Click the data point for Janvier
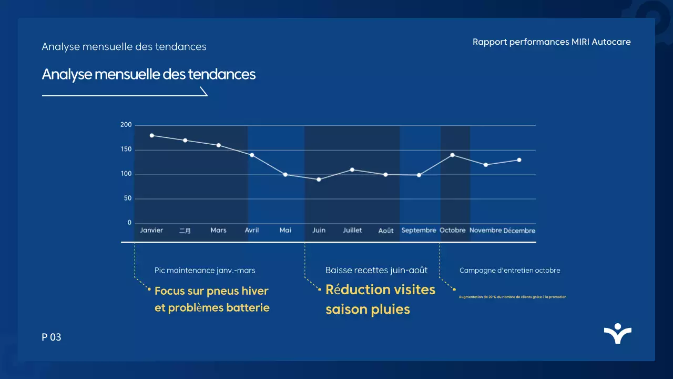pos(152,135)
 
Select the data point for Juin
pos(319,179)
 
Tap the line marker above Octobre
pos(452,155)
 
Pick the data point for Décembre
pos(519,160)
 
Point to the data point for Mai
pos(285,174)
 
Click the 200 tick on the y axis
pos(126,125)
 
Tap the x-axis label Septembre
pos(419,231)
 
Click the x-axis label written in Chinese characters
pos(185,231)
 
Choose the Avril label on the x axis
pos(252,231)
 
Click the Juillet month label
pos(352,231)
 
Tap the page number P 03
pos(52,337)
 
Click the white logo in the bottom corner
pos(618,334)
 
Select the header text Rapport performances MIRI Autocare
pos(552,42)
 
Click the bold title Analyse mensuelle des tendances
pos(149,74)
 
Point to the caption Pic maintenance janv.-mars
pos(205,271)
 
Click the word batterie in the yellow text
pos(248,308)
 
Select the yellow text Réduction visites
pos(380,290)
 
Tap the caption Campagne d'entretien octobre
pos(509,271)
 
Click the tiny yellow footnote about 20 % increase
pos(512,297)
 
